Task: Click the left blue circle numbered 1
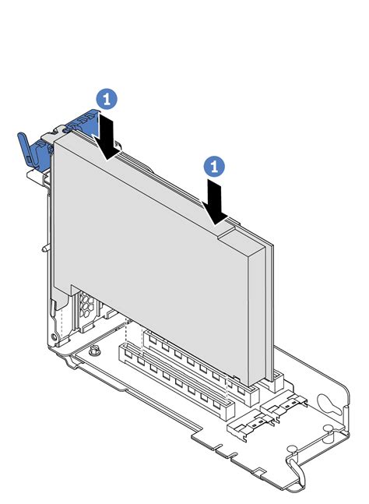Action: click(108, 97)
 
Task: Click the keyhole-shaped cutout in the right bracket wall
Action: click(331, 406)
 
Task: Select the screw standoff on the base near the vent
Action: click(93, 351)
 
